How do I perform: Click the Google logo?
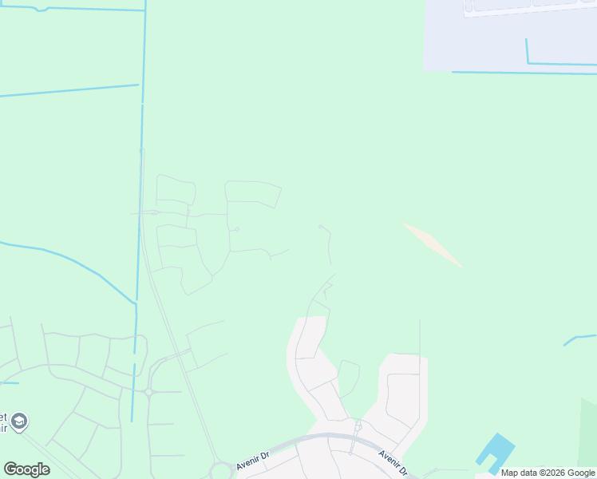point(26,469)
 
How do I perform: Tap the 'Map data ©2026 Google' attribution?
point(548,473)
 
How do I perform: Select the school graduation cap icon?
point(19,420)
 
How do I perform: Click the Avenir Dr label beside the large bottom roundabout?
point(254,460)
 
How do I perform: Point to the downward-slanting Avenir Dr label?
point(393,461)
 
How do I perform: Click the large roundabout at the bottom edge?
point(221,471)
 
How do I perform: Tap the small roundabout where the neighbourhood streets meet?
point(148,392)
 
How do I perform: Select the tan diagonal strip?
point(432,244)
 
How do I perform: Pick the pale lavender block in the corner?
point(511,36)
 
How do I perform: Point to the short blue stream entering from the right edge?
point(580,339)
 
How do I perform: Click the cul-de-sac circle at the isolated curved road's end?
point(321,227)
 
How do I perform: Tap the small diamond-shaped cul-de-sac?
point(237,230)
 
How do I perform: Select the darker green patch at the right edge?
point(588,431)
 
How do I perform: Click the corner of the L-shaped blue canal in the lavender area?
point(528,62)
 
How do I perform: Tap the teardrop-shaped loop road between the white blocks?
point(348,377)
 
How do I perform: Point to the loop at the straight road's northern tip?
point(141,150)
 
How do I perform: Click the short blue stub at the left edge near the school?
point(10,382)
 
